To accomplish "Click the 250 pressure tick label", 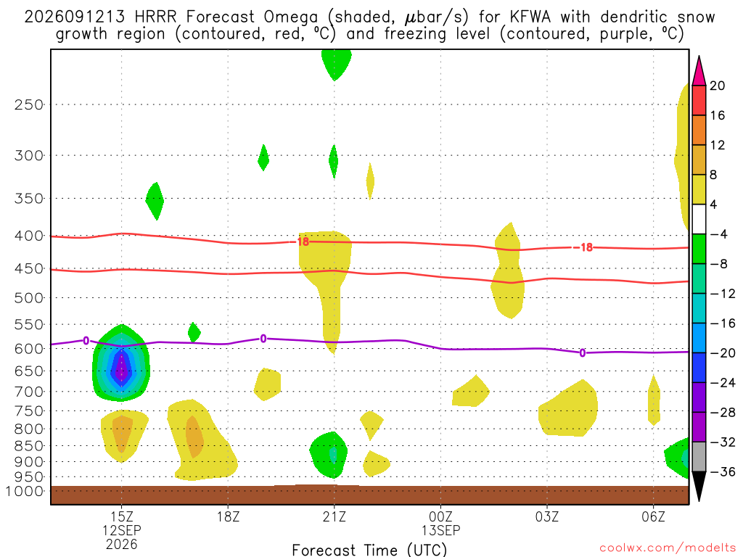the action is (28, 104).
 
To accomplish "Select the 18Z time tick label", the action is (228, 516).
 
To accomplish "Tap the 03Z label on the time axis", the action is (547, 516).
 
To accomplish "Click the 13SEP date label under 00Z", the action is (440, 530).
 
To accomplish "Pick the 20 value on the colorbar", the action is (717, 86).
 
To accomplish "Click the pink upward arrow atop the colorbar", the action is (699, 71).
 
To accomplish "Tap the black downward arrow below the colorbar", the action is (699, 486).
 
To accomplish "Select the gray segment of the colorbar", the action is (699, 457).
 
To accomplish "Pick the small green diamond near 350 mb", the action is (155, 201).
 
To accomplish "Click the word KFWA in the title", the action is (530, 17).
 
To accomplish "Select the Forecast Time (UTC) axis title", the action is (369, 550).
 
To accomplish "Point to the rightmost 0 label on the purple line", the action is (583, 353).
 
